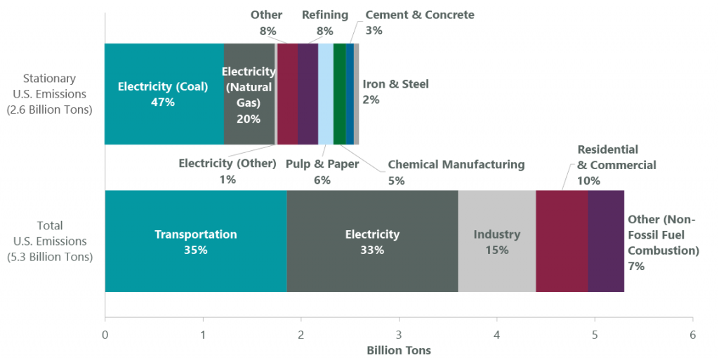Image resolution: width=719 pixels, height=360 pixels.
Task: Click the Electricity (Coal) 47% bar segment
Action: [x=164, y=94]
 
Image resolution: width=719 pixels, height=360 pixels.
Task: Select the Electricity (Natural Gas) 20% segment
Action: [x=249, y=94]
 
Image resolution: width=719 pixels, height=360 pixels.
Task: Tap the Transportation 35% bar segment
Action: [x=196, y=241]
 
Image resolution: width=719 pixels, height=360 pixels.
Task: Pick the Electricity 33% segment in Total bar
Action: [x=372, y=241]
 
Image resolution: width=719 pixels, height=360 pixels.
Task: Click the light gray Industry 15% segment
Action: [x=496, y=241]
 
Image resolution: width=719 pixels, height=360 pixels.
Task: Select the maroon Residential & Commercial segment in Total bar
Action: [x=562, y=241]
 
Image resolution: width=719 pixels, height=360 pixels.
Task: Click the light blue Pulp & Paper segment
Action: [x=326, y=94]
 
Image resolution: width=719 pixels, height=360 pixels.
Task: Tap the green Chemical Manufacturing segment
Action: [x=339, y=94]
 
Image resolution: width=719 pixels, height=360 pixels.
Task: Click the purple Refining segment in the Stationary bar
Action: [x=308, y=94]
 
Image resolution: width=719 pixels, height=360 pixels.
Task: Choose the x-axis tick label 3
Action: [x=399, y=334]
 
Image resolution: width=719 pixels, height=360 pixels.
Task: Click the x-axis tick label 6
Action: [x=692, y=334]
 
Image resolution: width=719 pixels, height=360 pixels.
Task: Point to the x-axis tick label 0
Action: [x=105, y=334]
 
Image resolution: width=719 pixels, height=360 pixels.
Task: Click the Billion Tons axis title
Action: [x=399, y=349]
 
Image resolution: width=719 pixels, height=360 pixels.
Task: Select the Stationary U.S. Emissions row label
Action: [x=49, y=94]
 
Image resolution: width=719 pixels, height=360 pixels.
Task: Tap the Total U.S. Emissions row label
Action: [x=49, y=241]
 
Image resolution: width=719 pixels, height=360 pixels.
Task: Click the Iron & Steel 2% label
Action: [x=395, y=92]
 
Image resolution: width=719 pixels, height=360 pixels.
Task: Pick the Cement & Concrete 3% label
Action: [x=419, y=22]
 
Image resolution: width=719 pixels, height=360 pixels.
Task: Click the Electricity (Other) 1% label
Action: [x=227, y=171]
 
